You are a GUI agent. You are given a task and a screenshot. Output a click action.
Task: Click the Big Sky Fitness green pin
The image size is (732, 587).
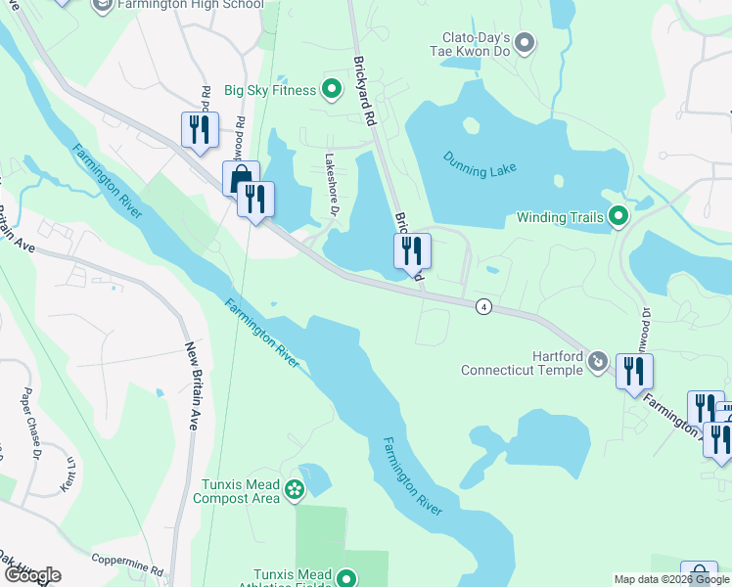[332, 91]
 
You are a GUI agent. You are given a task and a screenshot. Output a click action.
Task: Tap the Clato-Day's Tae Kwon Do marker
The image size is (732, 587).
[525, 42]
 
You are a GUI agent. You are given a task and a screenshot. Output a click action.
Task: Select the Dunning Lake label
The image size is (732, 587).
[480, 163]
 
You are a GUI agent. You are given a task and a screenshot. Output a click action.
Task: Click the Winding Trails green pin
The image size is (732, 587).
[618, 216]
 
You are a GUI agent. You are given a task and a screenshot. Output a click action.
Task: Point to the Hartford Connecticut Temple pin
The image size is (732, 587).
[596, 362]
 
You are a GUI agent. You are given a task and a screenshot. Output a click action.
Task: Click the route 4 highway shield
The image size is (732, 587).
[483, 307]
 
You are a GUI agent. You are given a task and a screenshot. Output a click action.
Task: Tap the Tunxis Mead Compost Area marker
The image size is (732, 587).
[296, 487]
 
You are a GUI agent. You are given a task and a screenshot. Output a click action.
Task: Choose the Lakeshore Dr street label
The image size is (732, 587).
[331, 172]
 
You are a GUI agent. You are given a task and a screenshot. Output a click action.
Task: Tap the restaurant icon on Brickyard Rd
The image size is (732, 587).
[412, 249]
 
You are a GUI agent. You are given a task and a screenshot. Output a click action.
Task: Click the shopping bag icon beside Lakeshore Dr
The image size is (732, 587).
[239, 178]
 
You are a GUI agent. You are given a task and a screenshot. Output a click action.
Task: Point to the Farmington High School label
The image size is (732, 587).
[190, 5]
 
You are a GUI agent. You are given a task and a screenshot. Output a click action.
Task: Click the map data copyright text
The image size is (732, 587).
[670, 579]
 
